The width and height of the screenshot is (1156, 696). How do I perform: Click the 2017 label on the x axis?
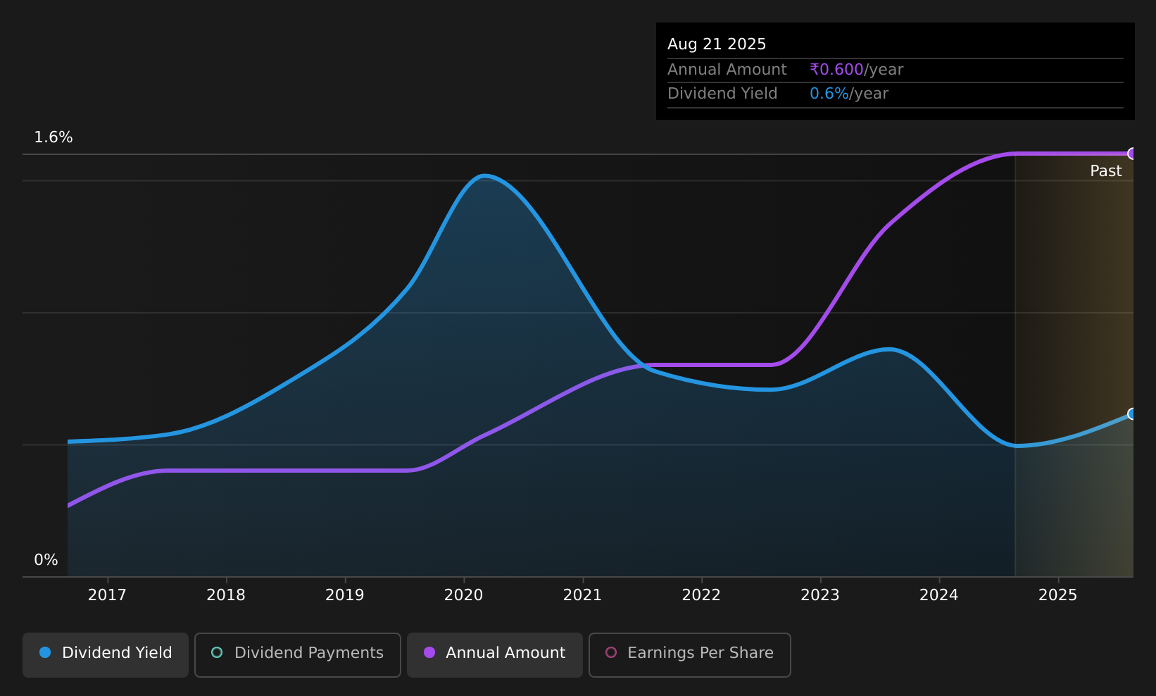(107, 595)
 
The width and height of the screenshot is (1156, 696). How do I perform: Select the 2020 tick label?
(463, 595)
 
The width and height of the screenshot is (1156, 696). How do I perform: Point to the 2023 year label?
(820, 595)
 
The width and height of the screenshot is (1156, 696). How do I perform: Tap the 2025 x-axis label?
(1058, 595)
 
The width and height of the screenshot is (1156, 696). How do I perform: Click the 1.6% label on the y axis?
(54, 137)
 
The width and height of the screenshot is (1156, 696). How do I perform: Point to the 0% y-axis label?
(46, 560)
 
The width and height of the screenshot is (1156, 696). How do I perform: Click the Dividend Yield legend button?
(106, 654)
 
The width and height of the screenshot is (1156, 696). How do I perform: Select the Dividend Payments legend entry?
(298, 654)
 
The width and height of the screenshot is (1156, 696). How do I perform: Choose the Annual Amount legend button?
(495, 654)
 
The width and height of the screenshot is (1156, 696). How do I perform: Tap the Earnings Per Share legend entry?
(690, 654)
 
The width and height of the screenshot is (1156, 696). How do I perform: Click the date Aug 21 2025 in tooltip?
(717, 44)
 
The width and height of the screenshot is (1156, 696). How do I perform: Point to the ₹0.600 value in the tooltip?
(836, 70)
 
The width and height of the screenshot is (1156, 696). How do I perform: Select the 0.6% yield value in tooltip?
(829, 94)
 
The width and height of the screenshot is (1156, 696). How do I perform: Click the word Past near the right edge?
(1105, 171)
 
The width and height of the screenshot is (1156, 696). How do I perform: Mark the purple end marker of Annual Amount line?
(1132, 154)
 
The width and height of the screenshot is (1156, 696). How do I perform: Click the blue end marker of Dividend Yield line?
(1132, 414)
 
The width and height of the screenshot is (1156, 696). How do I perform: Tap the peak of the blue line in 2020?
(484, 176)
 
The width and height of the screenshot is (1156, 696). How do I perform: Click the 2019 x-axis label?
(345, 595)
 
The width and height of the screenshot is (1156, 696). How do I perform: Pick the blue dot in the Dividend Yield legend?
(45, 652)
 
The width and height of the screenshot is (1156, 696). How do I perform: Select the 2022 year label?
(701, 595)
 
